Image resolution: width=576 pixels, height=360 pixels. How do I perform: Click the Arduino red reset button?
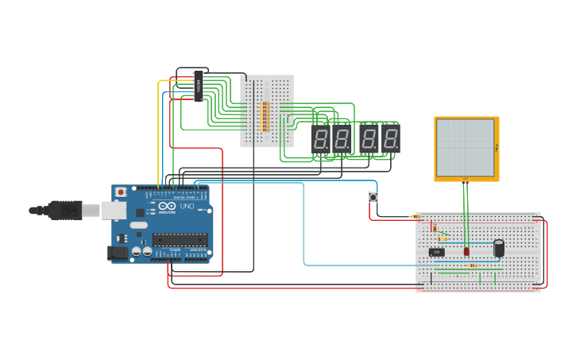(x=121, y=192)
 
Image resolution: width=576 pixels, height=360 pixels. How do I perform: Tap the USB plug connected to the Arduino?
(x=64, y=210)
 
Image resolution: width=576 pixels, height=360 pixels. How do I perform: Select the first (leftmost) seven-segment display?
(x=320, y=139)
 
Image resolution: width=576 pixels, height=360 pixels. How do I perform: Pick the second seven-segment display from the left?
(x=342, y=139)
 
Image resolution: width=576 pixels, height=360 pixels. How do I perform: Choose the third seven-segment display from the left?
(x=369, y=139)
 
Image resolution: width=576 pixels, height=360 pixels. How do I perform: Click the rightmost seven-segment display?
(x=390, y=139)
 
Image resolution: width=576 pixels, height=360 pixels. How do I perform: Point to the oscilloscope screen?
(x=465, y=148)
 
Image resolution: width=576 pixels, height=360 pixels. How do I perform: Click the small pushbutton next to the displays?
(x=373, y=197)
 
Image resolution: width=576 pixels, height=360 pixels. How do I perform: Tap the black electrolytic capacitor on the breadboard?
(x=499, y=248)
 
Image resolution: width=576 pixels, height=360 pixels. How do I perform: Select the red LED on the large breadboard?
(x=467, y=251)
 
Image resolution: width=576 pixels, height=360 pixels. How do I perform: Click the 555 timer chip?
(x=436, y=252)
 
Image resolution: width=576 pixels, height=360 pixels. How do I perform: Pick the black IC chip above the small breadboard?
(x=199, y=86)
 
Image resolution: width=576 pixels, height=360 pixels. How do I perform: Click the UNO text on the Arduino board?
(x=187, y=206)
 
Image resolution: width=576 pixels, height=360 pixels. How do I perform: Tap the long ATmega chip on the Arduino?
(x=180, y=238)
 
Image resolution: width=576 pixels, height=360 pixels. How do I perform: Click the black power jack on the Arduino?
(x=118, y=253)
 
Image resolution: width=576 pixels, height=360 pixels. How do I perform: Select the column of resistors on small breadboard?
(x=265, y=116)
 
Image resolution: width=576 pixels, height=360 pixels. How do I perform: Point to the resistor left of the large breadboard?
(x=413, y=216)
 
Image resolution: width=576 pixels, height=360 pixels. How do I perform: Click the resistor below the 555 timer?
(x=472, y=265)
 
